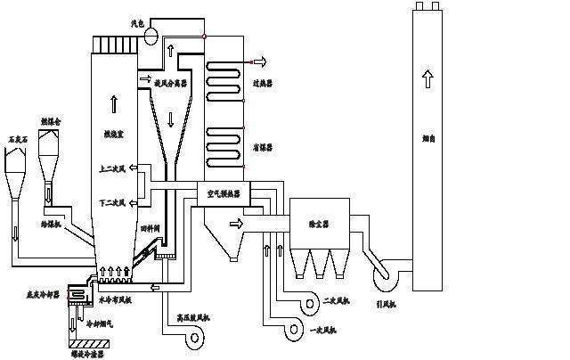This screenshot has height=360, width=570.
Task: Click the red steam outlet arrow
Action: click(260, 61)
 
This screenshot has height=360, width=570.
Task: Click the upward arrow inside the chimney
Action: click(428, 79)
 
